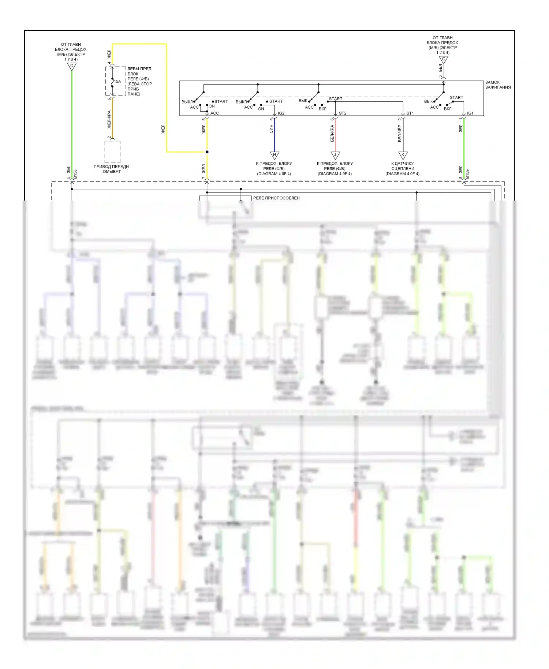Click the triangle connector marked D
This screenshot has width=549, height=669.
click(x=72, y=66)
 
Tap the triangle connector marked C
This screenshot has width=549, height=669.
click(x=444, y=59)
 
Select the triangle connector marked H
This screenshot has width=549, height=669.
click(x=274, y=155)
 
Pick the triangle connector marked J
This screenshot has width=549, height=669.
click(x=335, y=155)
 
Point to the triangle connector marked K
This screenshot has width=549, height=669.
click(x=403, y=155)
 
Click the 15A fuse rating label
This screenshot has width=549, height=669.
click(x=117, y=81)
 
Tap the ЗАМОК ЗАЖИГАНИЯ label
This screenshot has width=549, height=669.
click(x=498, y=85)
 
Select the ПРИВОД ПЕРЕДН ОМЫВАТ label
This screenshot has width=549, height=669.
click(x=111, y=169)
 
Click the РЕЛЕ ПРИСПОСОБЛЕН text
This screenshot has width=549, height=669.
click(x=276, y=198)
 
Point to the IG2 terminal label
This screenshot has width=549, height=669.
click(x=281, y=113)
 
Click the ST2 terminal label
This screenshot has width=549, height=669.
click(x=343, y=113)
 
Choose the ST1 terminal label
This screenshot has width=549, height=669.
click(x=410, y=113)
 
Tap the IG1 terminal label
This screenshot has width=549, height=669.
click(x=470, y=113)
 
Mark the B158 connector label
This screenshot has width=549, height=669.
click(x=75, y=174)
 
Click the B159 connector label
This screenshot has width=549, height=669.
click(x=467, y=174)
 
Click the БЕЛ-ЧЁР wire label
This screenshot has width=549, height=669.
click(x=400, y=133)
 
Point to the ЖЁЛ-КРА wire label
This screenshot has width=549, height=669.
click(x=109, y=120)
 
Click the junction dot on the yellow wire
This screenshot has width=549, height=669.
click(x=207, y=152)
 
